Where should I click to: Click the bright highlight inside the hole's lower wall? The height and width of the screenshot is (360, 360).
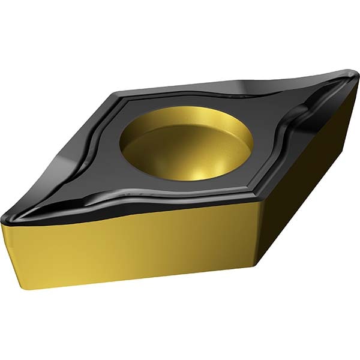click(198, 171)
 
